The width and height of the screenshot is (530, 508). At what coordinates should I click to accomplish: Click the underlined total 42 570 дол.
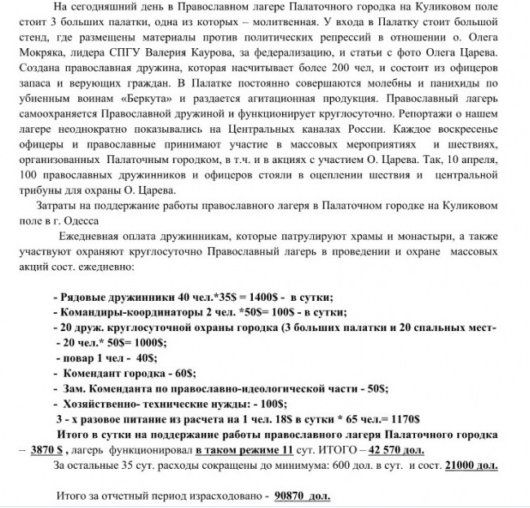(401, 448)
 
